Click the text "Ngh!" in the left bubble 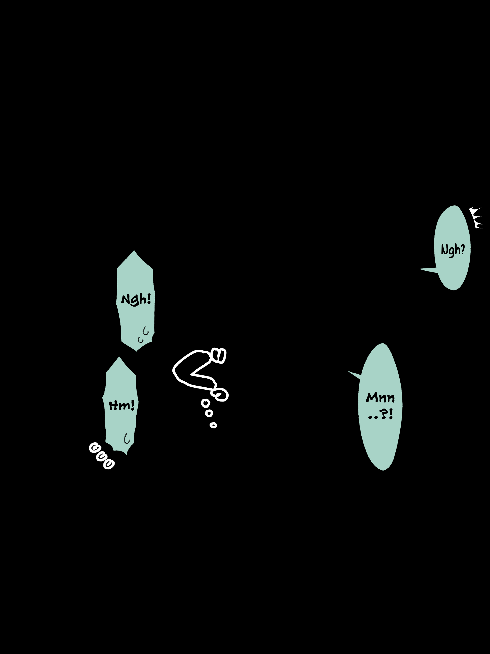(136, 300)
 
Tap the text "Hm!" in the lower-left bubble (122, 405)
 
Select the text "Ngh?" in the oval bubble (453, 250)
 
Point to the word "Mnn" (380, 398)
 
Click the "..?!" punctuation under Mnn (381, 414)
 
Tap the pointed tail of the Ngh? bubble (420, 269)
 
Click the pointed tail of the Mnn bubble (349, 372)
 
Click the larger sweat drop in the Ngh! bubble (145, 331)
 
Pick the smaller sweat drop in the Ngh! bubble (140, 340)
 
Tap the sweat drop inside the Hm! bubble (126, 438)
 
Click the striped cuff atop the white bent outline (219, 355)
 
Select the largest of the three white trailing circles (205, 403)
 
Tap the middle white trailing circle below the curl (209, 413)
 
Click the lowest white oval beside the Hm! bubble (109, 464)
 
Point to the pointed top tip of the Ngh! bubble (134, 251)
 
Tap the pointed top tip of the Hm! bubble (119, 357)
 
